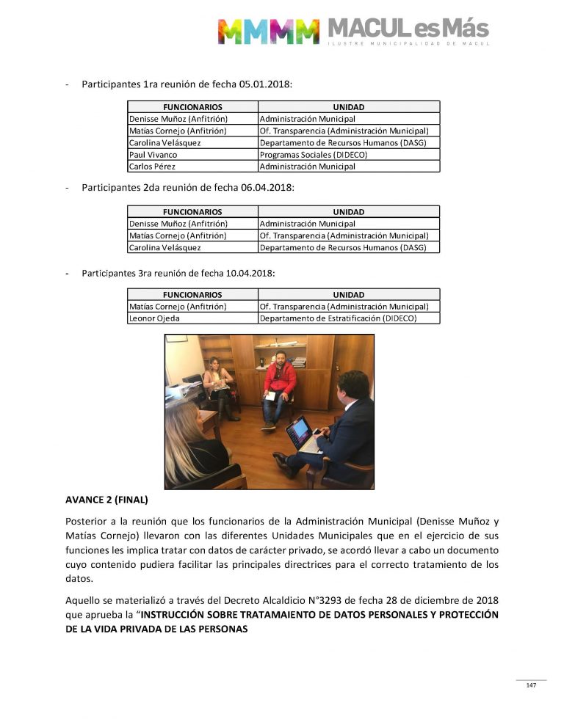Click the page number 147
[531, 685]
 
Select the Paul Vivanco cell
[153, 155]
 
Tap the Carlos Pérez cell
[151, 167]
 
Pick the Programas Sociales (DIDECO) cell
[314, 155]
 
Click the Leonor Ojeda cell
[154, 318]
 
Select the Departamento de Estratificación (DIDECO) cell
[338, 318]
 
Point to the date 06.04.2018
[268, 188]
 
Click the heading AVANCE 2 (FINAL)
[106, 500]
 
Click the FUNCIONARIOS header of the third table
[192, 294]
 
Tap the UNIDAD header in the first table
[349, 107]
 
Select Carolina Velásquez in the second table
[164, 248]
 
